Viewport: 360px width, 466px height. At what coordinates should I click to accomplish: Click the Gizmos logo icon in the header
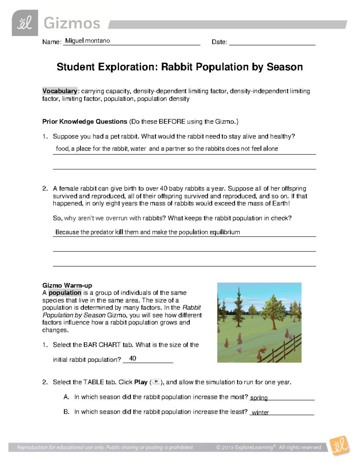[x=25, y=23]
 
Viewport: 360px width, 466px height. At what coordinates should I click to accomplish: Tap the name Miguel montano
[x=87, y=41]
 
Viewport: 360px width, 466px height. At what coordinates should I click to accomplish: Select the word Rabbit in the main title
[x=177, y=67]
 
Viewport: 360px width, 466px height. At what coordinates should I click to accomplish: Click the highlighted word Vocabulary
[x=60, y=91]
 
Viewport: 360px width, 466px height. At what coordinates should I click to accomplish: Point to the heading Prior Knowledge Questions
[x=85, y=122]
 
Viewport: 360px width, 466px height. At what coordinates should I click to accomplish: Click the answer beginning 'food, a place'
[x=166, y=149]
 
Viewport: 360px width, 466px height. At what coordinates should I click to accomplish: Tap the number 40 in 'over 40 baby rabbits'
[x=163, y=189]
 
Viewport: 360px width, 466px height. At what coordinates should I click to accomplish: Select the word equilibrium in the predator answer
[x=225, y=232]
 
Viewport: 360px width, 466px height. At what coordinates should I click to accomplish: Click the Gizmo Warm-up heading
[x=67, y=285]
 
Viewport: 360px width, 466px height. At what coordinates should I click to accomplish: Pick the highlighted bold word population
[x=65, y=293]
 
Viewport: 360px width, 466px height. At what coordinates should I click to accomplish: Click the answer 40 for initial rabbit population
[x=132, y=359]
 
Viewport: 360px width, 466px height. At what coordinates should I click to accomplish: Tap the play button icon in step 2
[x=156, y=382]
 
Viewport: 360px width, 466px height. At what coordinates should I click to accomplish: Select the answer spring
[x=259, y=398]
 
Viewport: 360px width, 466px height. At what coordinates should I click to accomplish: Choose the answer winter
[x=260, y=413]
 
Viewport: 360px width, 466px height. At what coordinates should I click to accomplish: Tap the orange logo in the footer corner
[x=339, y=445]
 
